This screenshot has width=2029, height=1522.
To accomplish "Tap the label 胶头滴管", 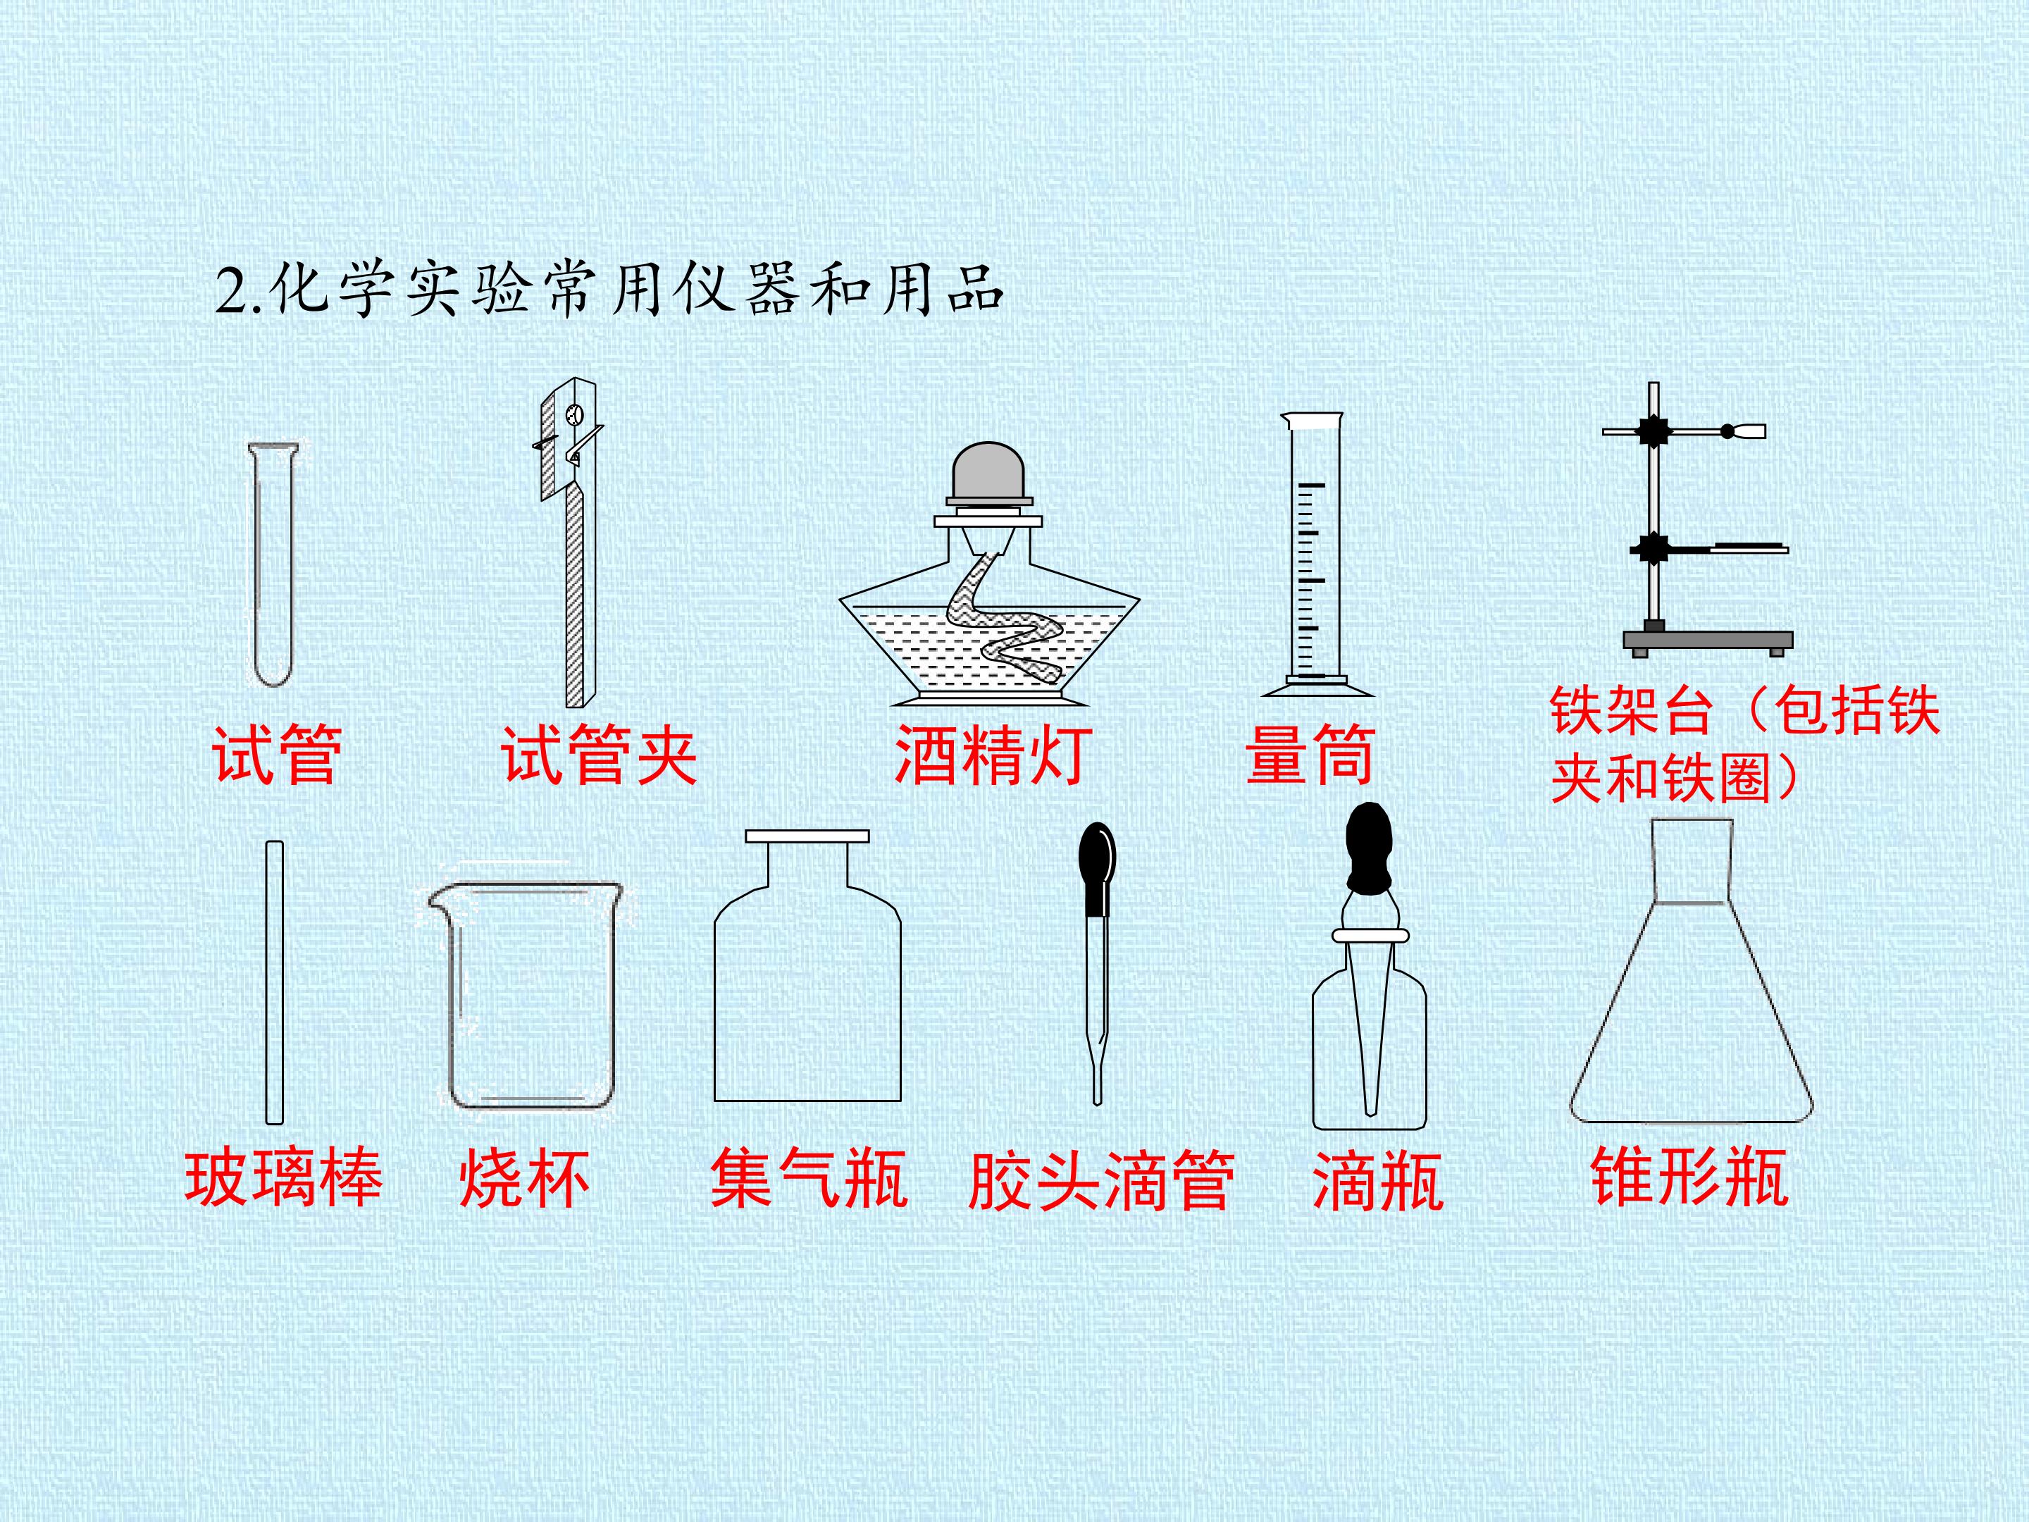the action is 1100,1179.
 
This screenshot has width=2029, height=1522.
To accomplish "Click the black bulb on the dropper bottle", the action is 1369,848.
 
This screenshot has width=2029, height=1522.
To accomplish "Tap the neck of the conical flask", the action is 1692,860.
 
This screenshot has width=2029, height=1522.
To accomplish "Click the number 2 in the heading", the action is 230,292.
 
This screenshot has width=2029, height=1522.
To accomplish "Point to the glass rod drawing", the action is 273,982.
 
